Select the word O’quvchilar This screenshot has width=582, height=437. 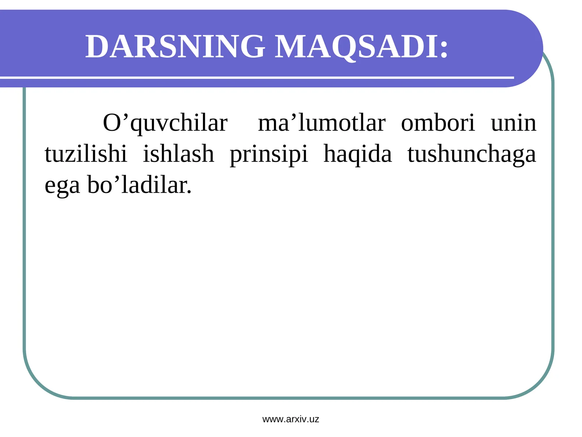165,123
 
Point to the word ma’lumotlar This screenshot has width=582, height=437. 322,123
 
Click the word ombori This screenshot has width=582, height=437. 438,123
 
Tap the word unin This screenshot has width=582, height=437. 513,123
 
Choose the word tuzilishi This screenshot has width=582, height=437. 86,154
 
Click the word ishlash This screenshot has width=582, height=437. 178,154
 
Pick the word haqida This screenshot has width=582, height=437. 358,154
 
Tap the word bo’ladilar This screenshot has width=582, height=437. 137,185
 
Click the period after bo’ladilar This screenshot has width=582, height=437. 189,192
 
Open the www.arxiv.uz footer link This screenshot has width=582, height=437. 291,419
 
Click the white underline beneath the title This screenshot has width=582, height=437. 255,78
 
